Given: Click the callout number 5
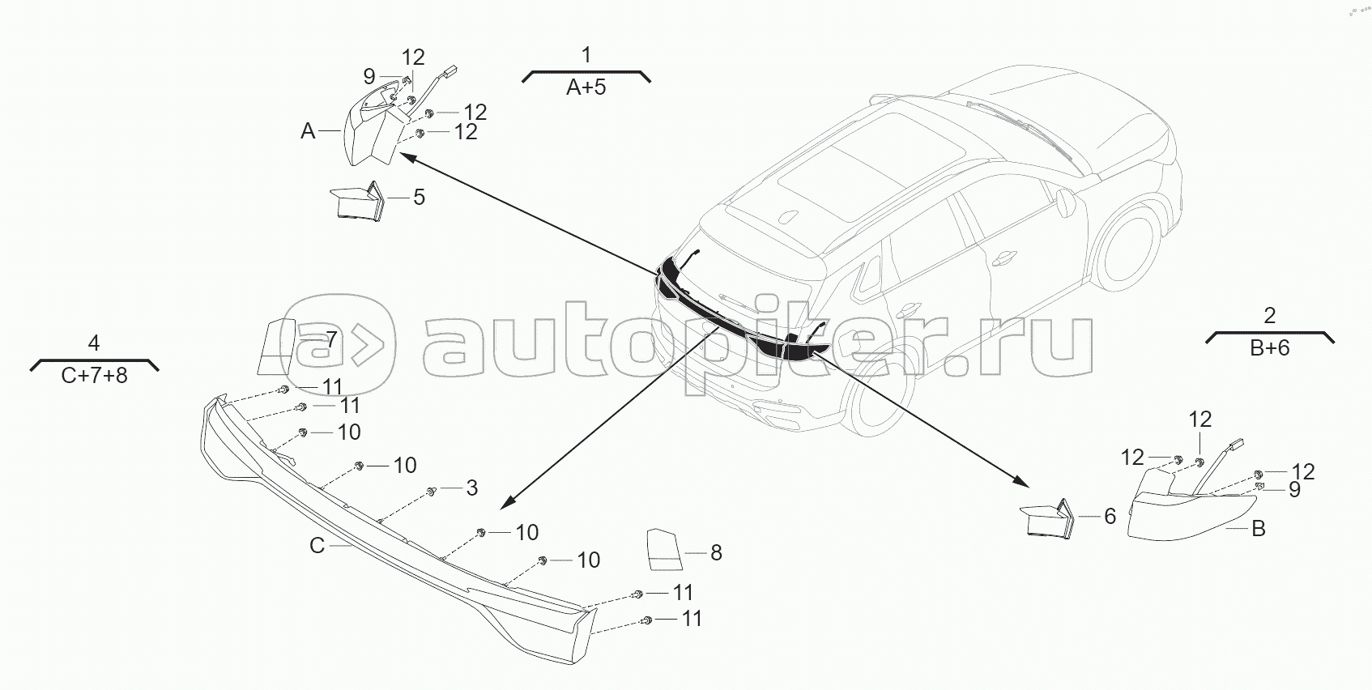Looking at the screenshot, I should [419, 198].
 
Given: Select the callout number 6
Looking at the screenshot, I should [1110, 516].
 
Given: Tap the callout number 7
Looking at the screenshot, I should [331, 339].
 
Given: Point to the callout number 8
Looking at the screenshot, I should [716, 553].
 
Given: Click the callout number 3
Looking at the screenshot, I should [471, 488].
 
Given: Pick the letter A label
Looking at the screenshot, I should [308, 131].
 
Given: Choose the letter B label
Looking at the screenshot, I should [1258, 529].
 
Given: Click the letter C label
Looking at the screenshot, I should [317, 546].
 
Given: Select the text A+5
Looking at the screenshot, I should [586, 87].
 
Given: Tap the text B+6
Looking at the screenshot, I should [1269, 348].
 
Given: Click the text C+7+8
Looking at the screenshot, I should [94, 376].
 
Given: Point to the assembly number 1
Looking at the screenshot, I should [586, 55].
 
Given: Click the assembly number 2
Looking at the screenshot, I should [1269, 315].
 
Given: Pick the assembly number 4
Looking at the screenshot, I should [93, 343].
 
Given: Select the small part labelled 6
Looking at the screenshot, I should [1047, 519].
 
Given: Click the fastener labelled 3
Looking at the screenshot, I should [432, 492].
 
